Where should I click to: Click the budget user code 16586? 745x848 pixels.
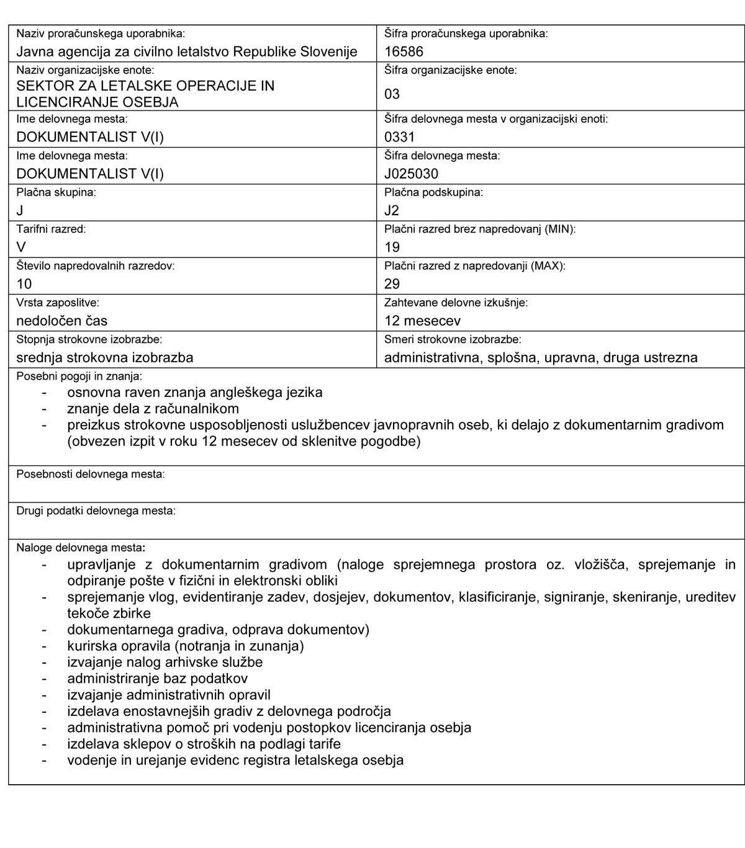click(x=404, y=51)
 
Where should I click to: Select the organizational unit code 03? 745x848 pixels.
click(x=392, y=94)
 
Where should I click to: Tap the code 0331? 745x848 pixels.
click(x=399, y=137)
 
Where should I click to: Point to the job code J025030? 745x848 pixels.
click(x=411, y=174)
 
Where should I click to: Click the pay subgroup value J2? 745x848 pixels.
click(x=392, y=210)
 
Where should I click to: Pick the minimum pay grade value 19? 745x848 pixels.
click(x=392, y=248)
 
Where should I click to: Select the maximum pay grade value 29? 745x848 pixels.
click(x=392, y=284)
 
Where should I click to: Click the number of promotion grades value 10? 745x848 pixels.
click(x=24, y=284)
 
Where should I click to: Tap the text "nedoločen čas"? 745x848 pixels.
click(x=62, y=321)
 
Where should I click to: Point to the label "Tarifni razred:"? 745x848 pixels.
click(x=51, y=230)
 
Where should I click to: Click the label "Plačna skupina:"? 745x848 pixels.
click(x=56, y=193)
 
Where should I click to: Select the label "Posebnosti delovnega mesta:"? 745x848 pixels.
click(x=91, y=475)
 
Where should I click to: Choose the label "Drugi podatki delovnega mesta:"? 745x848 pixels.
click(x=96, y=511)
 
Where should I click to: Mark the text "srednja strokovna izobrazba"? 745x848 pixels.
click(x=105, y=357)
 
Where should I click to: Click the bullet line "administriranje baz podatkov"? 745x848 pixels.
click(x=158, y=679)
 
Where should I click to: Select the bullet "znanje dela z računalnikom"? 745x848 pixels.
click(x=153, y=409)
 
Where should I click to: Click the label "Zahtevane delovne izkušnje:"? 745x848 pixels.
click(x=456, y=303)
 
